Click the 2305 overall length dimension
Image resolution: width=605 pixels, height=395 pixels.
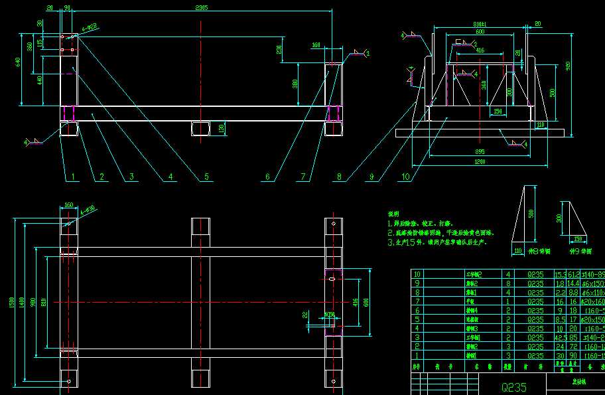[x=202, y=8]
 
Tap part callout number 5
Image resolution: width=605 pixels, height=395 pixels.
[x=206, y=177]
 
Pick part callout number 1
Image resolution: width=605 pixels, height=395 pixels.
[x=74, y=177]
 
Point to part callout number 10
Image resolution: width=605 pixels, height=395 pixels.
[x=406, y=177]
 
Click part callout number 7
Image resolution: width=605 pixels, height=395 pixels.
[x=302, y=177]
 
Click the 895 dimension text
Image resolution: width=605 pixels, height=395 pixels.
[x=480, y=151]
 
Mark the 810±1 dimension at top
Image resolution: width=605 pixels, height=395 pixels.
[x=480, y=25]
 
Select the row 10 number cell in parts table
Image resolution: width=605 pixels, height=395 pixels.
[x=417, y=274]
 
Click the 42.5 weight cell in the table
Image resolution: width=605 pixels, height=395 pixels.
[x=560, y=337]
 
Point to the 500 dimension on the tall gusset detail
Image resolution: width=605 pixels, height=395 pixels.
[x=531, y=214]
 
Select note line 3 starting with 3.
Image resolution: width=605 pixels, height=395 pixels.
[x=437, y=242]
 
